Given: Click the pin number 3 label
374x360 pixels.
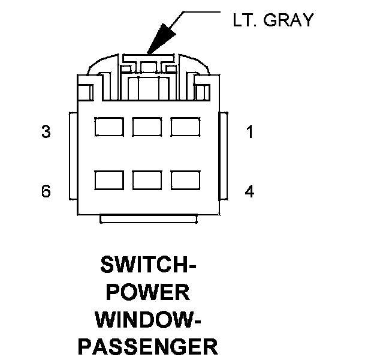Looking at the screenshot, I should pyautogui.click(x=46, y=132).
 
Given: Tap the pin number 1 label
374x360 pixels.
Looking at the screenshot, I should pyautogui.click(x=250, y=132).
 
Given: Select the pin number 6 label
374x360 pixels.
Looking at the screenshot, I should pyautogui.click(x=46, y=191).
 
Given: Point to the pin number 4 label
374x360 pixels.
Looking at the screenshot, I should pyautogui.click(x=250, y=191).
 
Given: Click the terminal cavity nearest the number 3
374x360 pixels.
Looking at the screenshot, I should pyautogui.click(x=108, y=127).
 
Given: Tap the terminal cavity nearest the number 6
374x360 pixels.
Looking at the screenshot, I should pyautogui.click(x=108, y=181).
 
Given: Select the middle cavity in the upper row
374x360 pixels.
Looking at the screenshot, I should pyautogui.click(x=147, y=127).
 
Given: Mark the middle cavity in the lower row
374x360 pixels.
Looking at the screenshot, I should pyautogui.click(x=147, y=181).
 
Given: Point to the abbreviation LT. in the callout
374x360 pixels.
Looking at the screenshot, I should pyautogui.click(x=246, y=20).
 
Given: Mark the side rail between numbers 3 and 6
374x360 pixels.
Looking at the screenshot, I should pyautogui.click(x=73, y=157).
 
